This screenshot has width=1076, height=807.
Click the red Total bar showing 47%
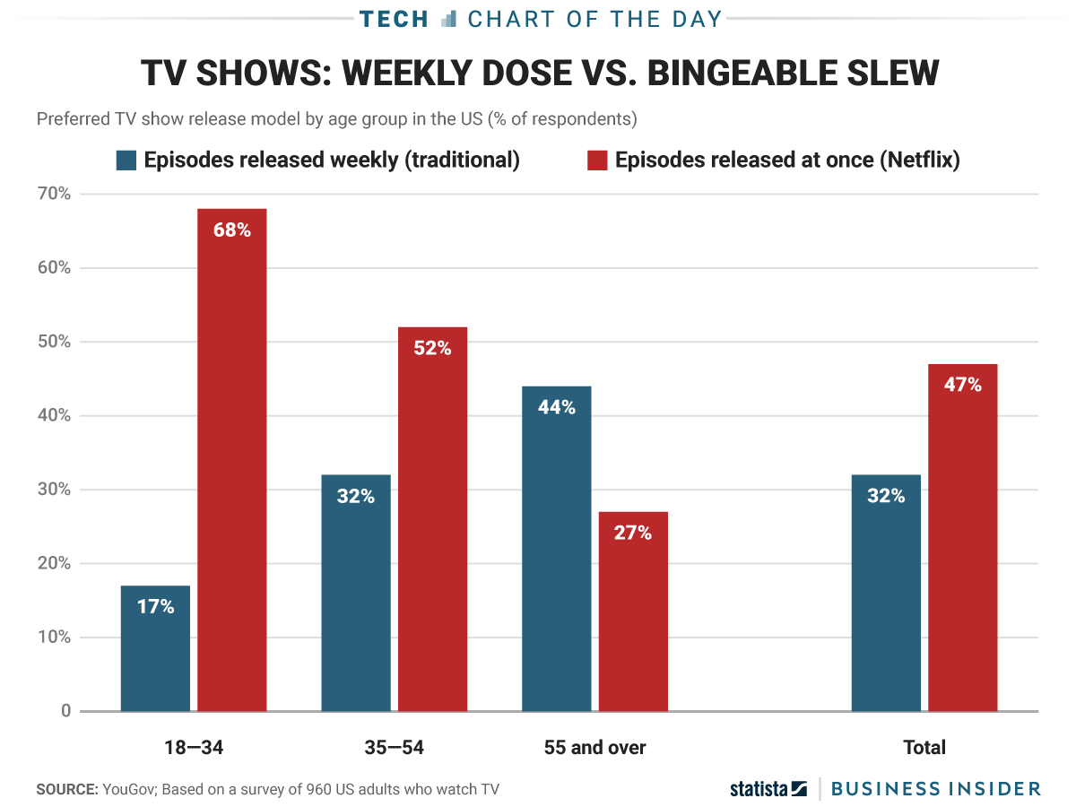[963, 538]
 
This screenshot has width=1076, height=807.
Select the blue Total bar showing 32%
[886, 593]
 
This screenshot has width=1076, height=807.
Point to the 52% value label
[432, 349]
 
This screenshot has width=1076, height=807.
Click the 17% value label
[155, 607]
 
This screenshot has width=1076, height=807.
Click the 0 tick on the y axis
[65, 711]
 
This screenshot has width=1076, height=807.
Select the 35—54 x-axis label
[394, 748]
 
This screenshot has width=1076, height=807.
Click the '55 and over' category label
[594, 748]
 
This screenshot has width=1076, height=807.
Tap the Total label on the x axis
[924, 748]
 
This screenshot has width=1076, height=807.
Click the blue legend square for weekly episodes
[126, 161]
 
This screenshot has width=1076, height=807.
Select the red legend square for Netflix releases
[597, 161]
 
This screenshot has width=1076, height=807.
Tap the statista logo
[768, 789]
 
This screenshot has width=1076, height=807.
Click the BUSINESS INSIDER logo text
[935, 789]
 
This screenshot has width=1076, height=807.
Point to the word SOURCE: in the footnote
[66, 789]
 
